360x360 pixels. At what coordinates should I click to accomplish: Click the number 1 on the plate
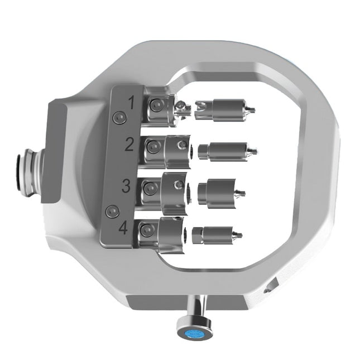(132, 103)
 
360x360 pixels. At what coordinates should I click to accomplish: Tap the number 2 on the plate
(129, 145)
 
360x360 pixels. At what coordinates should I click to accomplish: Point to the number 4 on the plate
(123, 228)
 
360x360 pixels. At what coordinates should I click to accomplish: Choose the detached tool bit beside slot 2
(226, 150)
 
